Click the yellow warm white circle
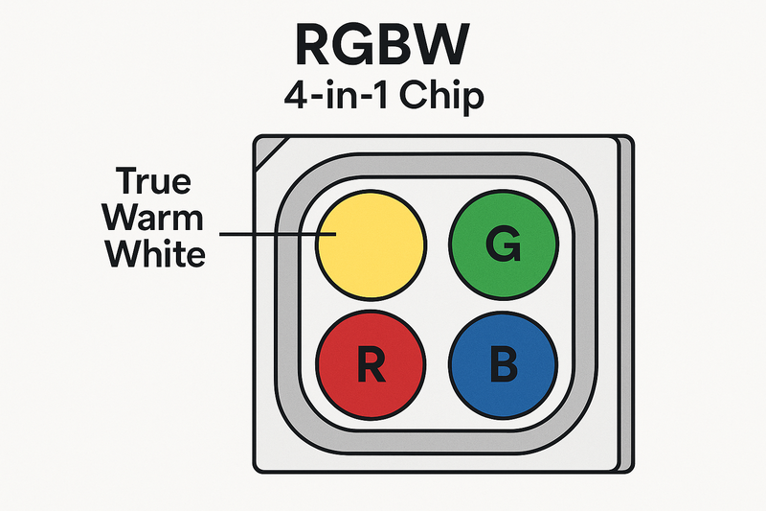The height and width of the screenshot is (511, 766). [370, 245]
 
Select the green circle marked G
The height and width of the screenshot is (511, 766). [503, 245]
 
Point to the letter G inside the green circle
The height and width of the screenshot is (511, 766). [504, 246]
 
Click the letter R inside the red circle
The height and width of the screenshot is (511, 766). [371, 366]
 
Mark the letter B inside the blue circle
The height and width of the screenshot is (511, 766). [504, 366]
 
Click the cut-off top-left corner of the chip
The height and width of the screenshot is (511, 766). [265, 149]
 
